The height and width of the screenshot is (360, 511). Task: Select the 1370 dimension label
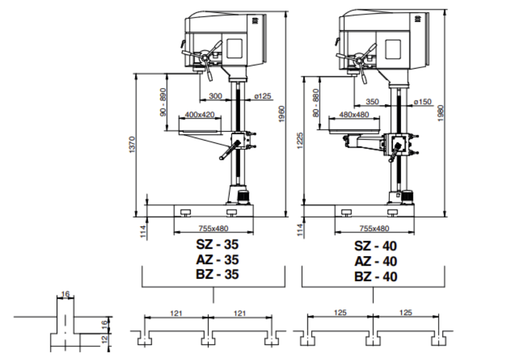(132, 145)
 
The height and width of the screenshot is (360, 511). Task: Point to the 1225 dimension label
(300, 140)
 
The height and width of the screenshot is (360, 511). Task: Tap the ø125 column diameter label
(263, 96)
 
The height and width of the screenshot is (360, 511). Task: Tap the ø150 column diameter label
(422, 101)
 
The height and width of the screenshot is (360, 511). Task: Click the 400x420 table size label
(200, 114)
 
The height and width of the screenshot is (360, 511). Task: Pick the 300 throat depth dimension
(215, 96)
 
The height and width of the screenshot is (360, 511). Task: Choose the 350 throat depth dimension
(373, 101)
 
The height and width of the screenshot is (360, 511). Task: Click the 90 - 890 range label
(163, 102)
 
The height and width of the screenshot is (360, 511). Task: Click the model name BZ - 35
(217, 274)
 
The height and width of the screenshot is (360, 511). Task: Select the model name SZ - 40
(375, 246)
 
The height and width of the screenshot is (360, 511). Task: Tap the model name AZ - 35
(217, 260)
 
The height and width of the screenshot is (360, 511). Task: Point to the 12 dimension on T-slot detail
(105, 339)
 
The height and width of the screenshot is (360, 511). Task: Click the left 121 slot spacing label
(176, 313)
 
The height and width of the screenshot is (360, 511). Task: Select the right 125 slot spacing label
(405, 312)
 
